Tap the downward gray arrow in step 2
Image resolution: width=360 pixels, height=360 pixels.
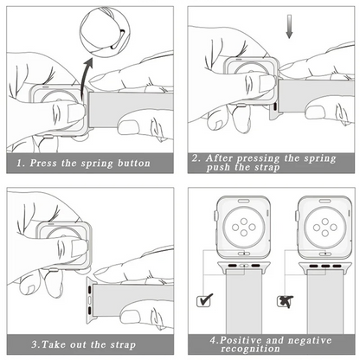tap(289, 27)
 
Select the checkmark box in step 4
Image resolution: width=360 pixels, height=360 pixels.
tap(204, 300)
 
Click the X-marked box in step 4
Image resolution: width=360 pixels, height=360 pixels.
tap(285, 301)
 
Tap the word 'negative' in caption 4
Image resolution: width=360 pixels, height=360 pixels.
tap(310, 340)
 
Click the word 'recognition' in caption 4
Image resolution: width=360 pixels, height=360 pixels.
tap(250, 349)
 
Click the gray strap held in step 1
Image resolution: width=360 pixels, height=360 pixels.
tap(131, 110)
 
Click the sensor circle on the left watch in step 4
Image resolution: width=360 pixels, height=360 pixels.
tap(244, 228)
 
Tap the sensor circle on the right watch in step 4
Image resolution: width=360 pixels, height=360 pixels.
tap(325, 228)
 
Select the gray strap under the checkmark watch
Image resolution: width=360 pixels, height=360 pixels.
tap(244, 301)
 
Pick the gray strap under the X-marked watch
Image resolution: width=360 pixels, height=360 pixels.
tap(325, 301)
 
